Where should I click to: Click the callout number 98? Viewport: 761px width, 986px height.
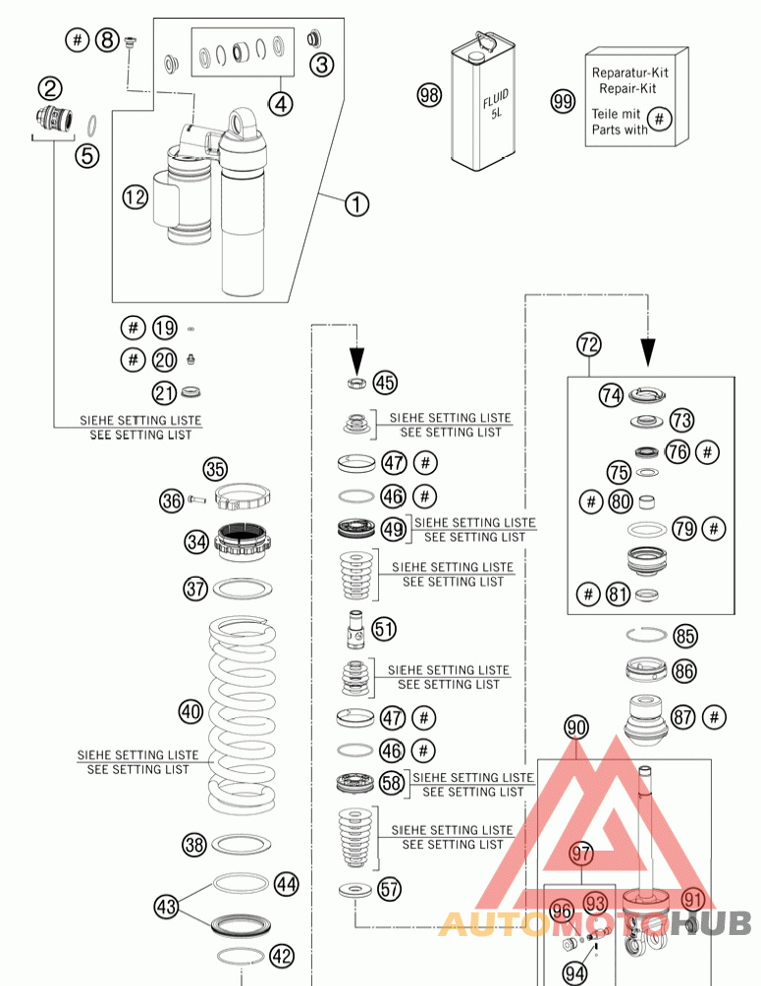[x=429, y=95]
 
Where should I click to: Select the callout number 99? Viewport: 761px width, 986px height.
[x=563, y=101]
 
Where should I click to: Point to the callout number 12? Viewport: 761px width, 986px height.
[x=135, y=197]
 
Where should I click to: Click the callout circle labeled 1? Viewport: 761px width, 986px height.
[x=356, y=204]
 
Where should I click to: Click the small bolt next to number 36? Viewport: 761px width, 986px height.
[x=196, y=500]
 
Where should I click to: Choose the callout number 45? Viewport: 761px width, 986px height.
[x=385, y=382]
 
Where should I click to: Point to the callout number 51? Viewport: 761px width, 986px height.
[x=384, y=627]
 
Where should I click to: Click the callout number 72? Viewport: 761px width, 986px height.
[x=588, y=344]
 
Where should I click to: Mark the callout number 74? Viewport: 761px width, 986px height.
[x=612, y=394]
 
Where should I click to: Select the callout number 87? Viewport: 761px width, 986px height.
[x=684, y=716]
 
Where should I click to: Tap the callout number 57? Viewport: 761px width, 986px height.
[x=390, y=889]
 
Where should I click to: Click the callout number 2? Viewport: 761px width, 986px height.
[x=51, y=88]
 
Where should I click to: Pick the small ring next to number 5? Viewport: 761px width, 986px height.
[x=92, y=126]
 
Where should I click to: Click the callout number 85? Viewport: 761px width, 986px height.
[x=685, y=636]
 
